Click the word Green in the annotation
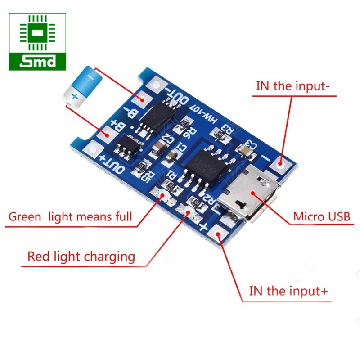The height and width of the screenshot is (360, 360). coord(25,217)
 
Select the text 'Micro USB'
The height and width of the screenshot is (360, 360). coord(321,217)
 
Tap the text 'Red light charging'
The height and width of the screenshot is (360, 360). coord(81,256)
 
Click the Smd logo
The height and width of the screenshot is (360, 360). coord(37,41)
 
